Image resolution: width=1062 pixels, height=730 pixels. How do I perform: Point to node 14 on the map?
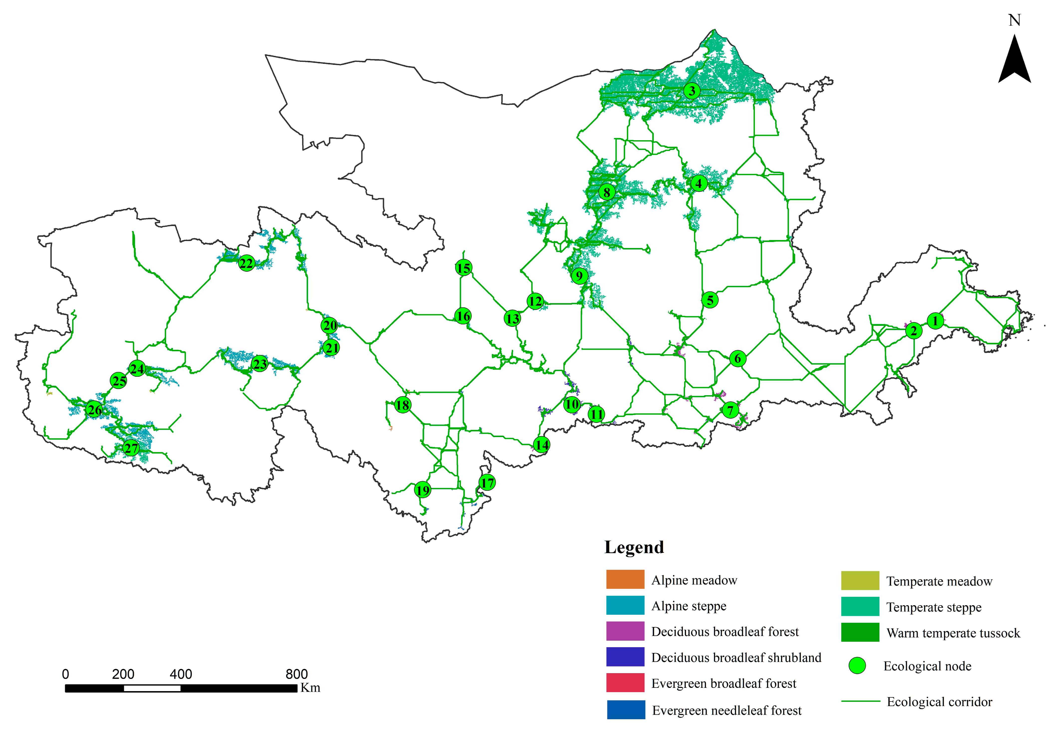pos(542,445)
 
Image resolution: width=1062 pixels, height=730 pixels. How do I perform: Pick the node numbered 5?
pos(710,300)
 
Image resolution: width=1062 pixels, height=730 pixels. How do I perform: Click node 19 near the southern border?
pos(423,490)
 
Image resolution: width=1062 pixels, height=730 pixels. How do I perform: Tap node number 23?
pos(260,364)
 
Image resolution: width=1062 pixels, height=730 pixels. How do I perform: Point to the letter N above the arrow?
pos(1014,20)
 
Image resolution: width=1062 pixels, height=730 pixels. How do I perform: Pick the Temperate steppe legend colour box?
pos(860,607)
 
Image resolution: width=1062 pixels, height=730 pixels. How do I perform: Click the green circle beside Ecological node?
pos(857,666)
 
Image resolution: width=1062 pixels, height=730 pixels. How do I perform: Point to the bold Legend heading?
pos(634,547)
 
